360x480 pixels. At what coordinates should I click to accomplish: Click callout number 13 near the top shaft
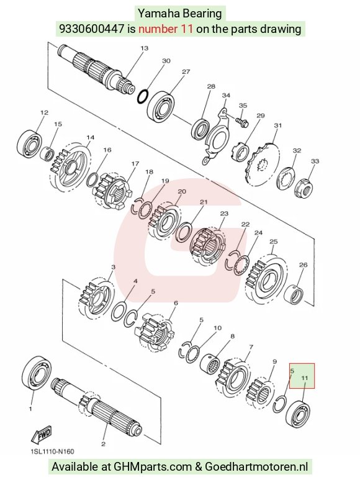click(x=145, y=48)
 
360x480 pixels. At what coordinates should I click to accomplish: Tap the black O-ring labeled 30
click(x=143, y=96)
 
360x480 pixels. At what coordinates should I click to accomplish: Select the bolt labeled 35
click(x=242, y=122)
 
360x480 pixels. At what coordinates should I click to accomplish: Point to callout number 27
click(x=186, y=71)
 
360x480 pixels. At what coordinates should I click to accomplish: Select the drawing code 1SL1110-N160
click(x=52, y=451)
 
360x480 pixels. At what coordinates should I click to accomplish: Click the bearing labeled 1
click(x=37, y=373)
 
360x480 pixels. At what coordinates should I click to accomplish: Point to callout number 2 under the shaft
click(x=104, y=443)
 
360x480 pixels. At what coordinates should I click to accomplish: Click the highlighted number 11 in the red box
click(x=305, y=378)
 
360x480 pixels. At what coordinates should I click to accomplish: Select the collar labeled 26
click(x=294, y=296)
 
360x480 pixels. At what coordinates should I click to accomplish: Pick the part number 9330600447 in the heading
click(x=92, y=29)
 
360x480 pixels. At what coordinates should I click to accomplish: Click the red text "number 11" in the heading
click(x=166, y=29)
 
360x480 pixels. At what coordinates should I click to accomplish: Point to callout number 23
click(x=224, y=213)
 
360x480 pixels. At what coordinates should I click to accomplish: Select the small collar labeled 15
click(x=47, y=153)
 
